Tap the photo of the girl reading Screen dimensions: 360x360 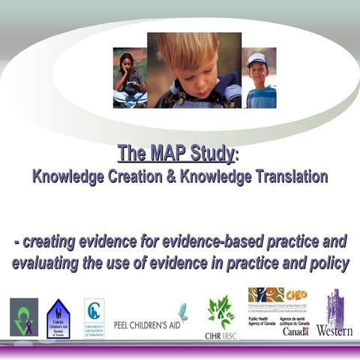pyautogui.click(x=129, y=78)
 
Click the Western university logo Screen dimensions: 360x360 pyautogui.click(x=334, y=315)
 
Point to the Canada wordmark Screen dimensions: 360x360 pyautogui.click(x=296, y=330)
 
